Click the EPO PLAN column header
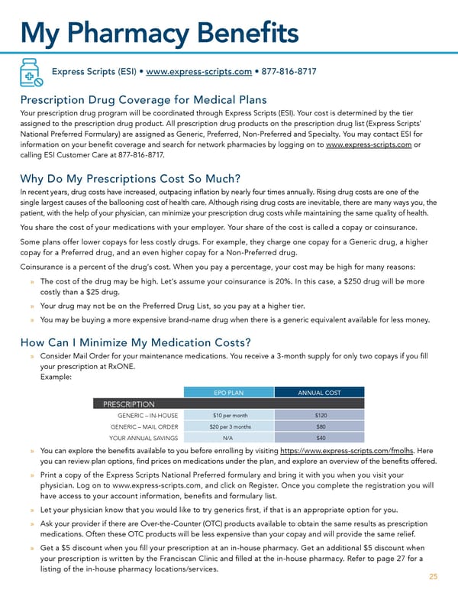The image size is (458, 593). (x=227, y=393)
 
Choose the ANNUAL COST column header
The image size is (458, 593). (x=319, y=393)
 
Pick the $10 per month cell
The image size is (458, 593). (x=227, y=415)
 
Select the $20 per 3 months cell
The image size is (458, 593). (x=227, y=426)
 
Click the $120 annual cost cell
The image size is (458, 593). (x=321, y=415)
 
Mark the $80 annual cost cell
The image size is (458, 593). (x=321, y=426)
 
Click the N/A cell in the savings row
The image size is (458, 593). (x=227, y=438)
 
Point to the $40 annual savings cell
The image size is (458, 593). (x=321, y=438)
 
